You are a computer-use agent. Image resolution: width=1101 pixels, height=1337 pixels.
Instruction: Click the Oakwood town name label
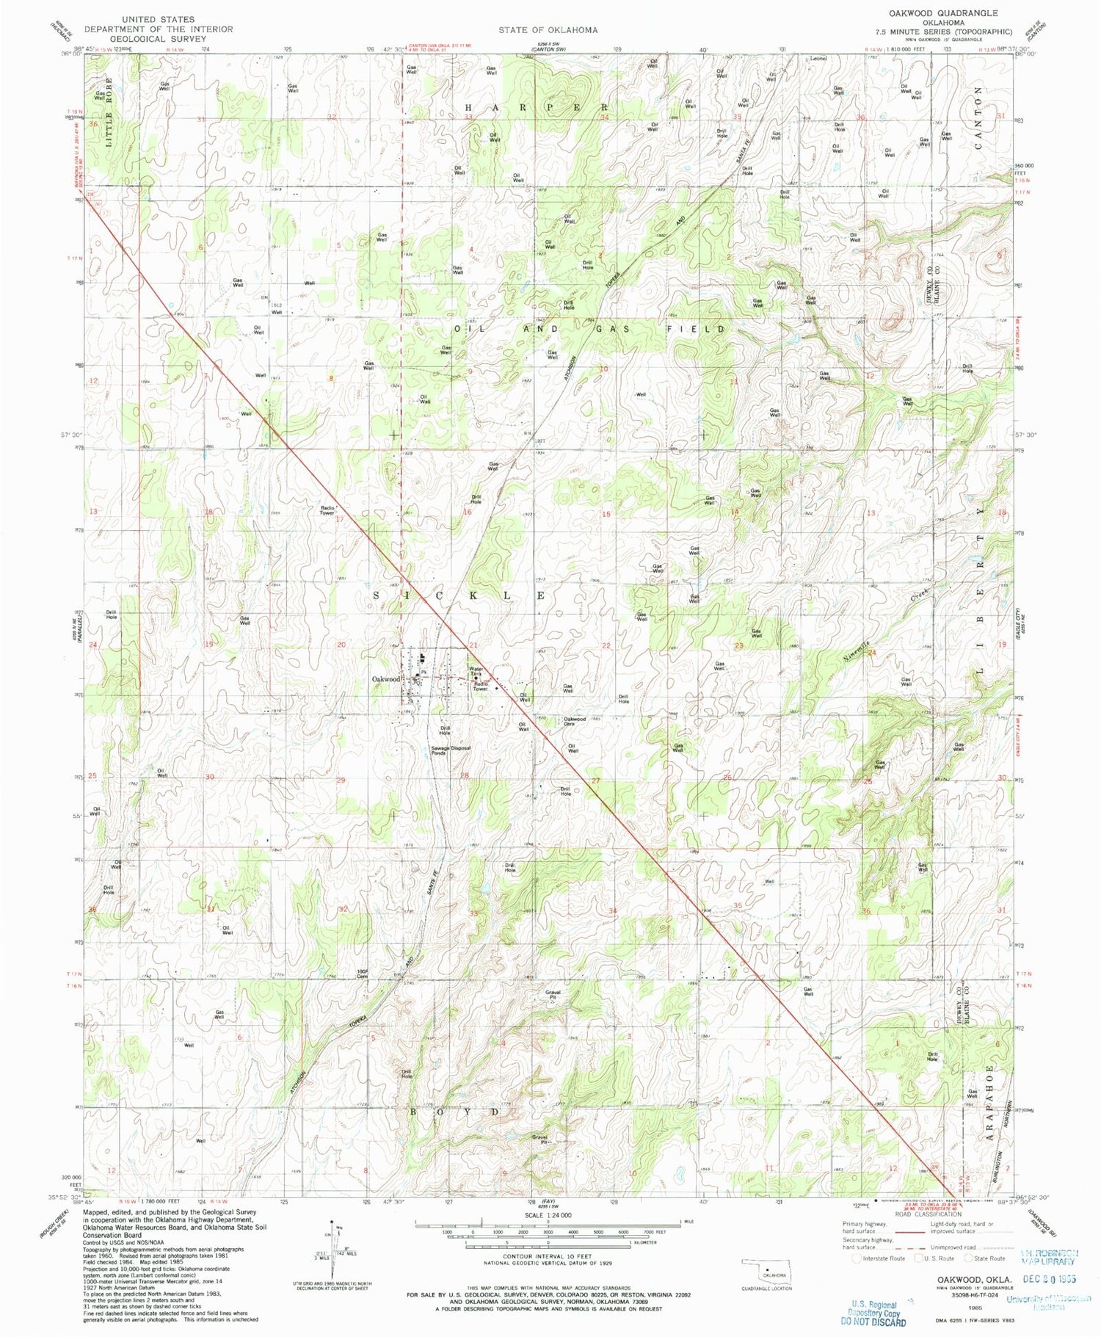click(x=386, y=679)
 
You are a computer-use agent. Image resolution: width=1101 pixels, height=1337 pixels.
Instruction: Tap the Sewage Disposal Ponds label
click(x=450, y=750)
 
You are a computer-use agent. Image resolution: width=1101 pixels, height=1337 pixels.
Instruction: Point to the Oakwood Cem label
click(x=574, y=721)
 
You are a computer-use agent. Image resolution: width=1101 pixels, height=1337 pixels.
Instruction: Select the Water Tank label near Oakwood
click(x=476, y=671)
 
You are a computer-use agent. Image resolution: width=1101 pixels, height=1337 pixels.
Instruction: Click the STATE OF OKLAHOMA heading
click(x=548, y=30)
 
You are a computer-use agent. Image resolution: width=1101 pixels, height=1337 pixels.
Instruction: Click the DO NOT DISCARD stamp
click(x=873, y=1322)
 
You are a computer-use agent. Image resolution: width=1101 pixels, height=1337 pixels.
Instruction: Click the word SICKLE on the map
click(x=459, y=596)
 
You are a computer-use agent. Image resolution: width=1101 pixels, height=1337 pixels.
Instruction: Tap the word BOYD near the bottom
click(x=452, y=1112)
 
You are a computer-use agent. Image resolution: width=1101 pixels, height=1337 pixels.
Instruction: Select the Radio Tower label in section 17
click(x=327, y=510)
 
